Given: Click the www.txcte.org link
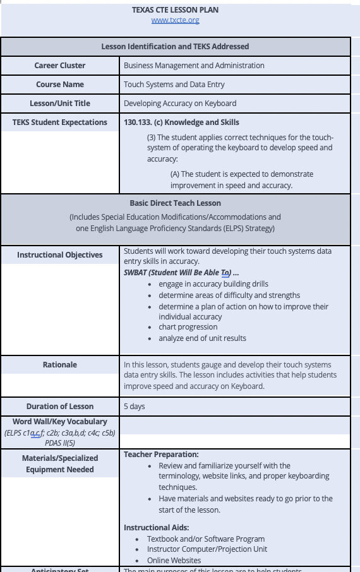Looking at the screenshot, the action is click(175, 20).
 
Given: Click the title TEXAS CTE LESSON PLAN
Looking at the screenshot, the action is click(176, 10).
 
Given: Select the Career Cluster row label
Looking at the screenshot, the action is click(60, 66).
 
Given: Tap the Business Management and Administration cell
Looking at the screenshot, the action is click(194, 66).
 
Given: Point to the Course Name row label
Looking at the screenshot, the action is click(60, 85).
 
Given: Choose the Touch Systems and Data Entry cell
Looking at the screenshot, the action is click(174, 85).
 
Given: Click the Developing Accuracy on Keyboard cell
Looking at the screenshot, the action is click(180, 104).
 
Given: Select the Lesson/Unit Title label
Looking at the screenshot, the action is click(60, 104).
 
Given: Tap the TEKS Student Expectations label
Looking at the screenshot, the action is click(60, 122).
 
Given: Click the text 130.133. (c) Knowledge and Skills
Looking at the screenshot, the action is click(181, 122).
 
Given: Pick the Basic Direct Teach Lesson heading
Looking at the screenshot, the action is click(175, 203).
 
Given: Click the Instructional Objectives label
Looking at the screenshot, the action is click(60, 255).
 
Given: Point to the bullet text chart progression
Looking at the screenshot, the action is click(188, 327).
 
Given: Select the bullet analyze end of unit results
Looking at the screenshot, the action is click(202, 338).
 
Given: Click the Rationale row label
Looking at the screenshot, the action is click(60, 365).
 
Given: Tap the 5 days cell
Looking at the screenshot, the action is click(135, 407).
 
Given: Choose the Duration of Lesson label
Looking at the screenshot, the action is click(60, 407).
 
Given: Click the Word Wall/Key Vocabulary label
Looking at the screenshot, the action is click(60, 422).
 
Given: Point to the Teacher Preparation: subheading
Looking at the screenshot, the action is click(161, 455).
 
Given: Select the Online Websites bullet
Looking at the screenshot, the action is click(174, 561).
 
